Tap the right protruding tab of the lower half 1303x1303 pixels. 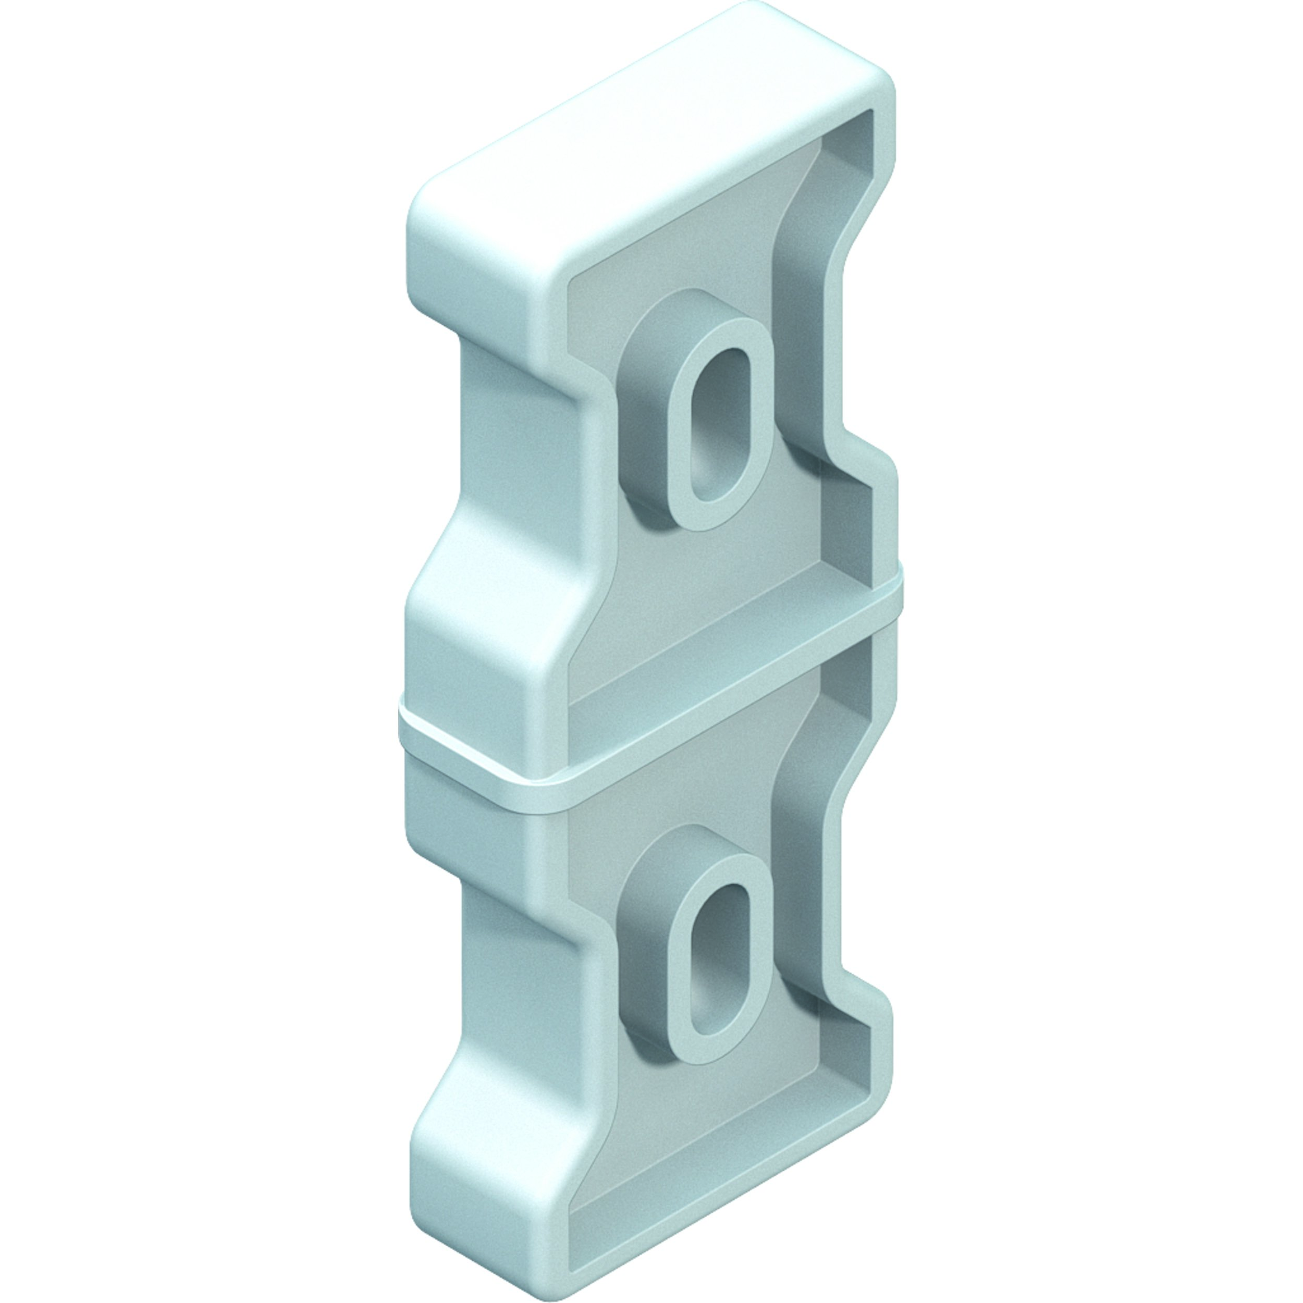coord(880,1052)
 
